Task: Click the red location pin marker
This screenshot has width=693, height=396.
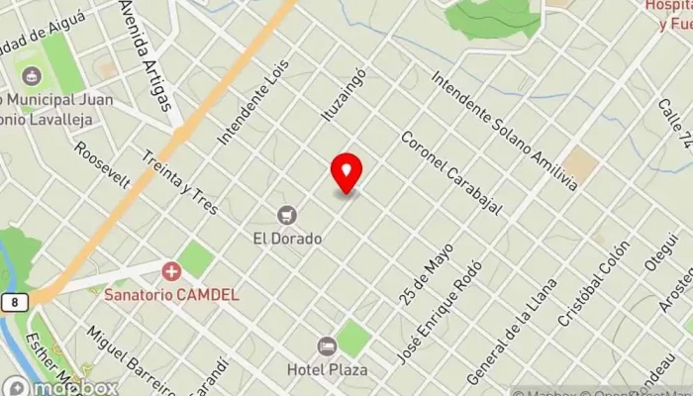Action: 346,173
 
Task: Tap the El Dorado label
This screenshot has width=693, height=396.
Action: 287,239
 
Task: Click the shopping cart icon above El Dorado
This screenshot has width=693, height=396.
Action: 287,215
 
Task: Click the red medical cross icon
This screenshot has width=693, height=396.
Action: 172,270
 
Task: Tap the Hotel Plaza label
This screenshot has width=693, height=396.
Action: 328,369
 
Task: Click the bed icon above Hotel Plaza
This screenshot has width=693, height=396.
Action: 327,346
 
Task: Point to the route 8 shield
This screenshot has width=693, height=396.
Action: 14,301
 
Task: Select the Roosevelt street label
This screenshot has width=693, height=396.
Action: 103,163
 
